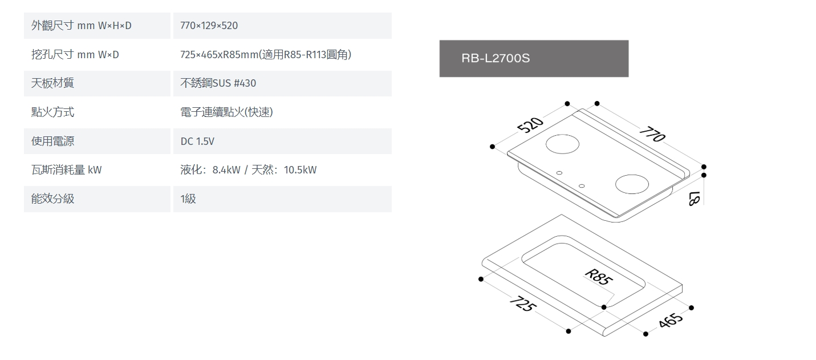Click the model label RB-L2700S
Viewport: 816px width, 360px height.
[496, 58]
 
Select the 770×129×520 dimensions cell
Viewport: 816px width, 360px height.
[209, 26]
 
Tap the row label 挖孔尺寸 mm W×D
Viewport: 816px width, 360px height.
[75, 55]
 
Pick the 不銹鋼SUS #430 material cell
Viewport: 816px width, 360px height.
[218, 83]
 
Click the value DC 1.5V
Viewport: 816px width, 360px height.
[197, 141]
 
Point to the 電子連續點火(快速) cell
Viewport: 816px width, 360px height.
[226, 112]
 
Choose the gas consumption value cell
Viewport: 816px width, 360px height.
[249, 170]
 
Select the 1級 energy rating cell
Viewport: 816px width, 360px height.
[188, 199]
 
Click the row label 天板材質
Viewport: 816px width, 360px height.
[53, 83]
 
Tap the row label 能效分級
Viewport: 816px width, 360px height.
[53, 199]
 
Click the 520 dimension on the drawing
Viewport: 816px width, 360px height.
[530, 124]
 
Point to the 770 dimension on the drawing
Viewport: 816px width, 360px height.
[652, 134]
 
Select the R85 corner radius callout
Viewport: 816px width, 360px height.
[599, 277]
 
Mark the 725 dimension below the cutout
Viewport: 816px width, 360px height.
[523, 303]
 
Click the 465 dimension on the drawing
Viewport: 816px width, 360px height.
[670, 320]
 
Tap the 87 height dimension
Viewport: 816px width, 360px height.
[695, 199]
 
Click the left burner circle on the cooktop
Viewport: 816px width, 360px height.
[562, 144]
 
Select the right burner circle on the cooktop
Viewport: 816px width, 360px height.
[632, 184]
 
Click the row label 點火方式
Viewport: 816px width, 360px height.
[53, 112]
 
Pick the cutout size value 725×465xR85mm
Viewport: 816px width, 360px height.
[220, 55]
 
